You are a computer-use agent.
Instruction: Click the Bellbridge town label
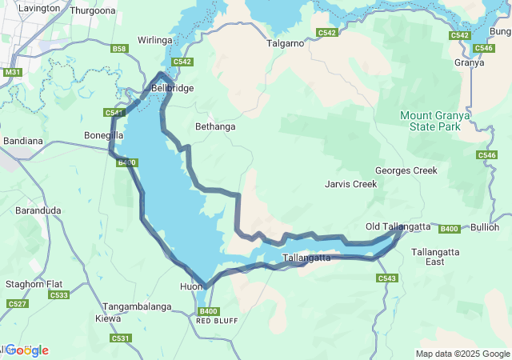pyautogui.click(x=173, y=88)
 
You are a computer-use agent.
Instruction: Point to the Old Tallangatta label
pyautogui.click(x=398, y=227)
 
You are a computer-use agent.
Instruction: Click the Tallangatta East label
pyautogui.click(x=434, y=257)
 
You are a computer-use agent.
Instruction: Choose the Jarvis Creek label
pyautogui.click(x=350, y=184)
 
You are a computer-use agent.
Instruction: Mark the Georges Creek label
pyautogui.click(x=406, y=170)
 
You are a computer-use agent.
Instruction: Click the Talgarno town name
pyautogui.click(x=286, y=43)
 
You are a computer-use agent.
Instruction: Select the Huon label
pyautogui.click(x=191, y=286)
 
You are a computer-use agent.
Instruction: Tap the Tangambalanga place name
pyautogui.click(x=137, y=307)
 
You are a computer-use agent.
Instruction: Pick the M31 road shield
pyautogui.click(x=12, y=72)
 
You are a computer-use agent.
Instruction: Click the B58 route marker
pyautogui.click(x=119, y=49)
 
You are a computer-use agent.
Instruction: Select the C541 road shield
pyautogui.click(x=114, y=113)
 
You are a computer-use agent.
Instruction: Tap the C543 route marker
pyautogui.click(x=386, y=278)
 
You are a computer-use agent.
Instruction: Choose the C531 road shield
pyautogui.click(x=121, y=338)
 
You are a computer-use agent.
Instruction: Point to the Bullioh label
pyautogui.click(x=485, y=227)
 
